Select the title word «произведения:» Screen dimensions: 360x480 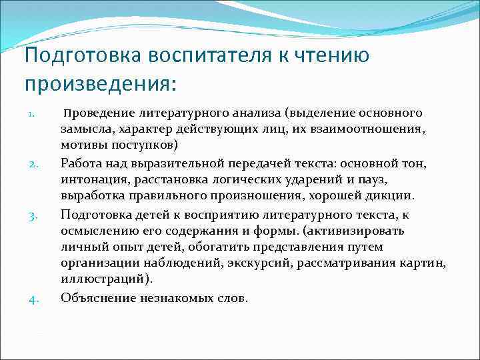pos(101,85)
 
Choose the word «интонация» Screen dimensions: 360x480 pos(89,179)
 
